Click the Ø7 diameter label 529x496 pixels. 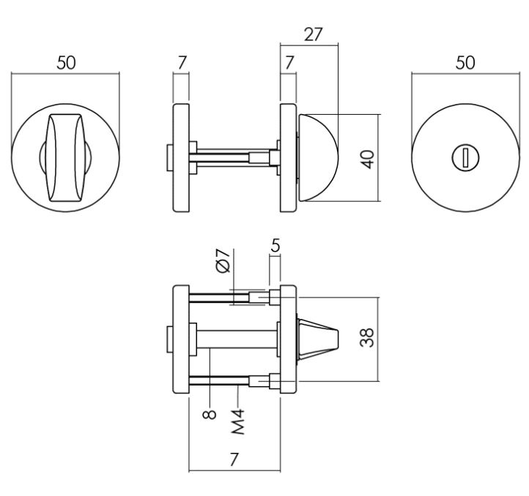[224, 261]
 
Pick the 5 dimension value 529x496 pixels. [275, 247]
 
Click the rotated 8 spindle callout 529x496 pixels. [210, 413]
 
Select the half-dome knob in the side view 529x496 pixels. [319, 158]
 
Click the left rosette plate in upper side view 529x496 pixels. [180, 158]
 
